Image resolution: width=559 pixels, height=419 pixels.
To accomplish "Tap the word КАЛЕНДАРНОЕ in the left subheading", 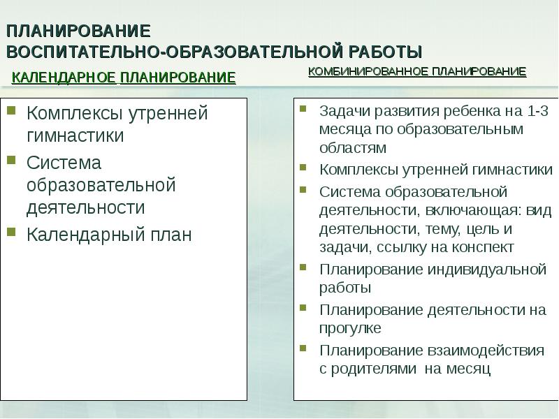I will pos(64,78).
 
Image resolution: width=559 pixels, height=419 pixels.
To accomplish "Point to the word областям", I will pos(352,148).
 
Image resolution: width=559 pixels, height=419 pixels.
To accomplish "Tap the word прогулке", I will pos(350,328).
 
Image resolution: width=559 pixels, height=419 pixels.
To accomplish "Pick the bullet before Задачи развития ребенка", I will pos(303,108).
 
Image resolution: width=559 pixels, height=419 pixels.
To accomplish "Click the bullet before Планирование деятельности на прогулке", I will pos(303,307).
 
